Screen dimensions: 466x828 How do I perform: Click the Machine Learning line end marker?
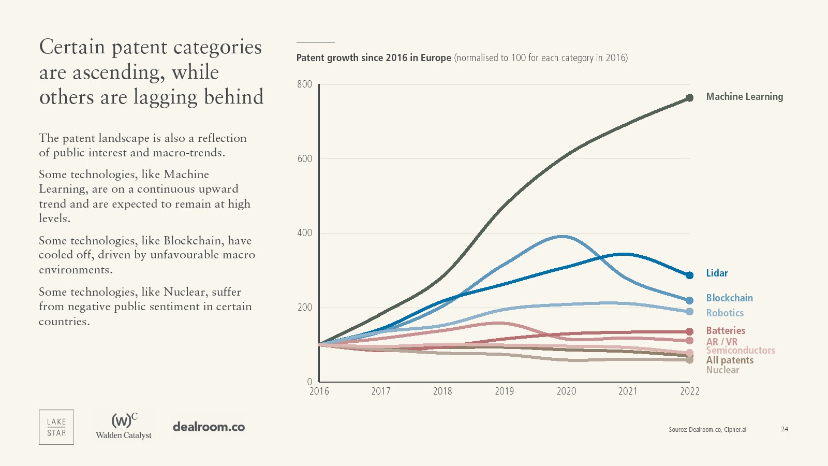click(689, 98)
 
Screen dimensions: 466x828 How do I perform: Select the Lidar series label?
click(717, 273)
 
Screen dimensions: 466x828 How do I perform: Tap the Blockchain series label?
click(729, 298)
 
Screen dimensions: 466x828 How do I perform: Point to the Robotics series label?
click(724, 313)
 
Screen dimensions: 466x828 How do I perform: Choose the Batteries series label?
click(726, 331)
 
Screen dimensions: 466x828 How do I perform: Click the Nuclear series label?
click(722, 370)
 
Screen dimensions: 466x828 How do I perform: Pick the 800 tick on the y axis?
click(305, 84)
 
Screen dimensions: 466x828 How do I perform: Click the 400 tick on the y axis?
click(305, 233)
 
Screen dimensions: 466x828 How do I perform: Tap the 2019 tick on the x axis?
click(504, 391)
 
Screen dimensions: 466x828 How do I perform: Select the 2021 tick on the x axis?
click(628, 391)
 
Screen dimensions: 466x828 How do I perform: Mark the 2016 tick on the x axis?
click(319, 391)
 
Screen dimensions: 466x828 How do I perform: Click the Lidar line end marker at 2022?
click(689, 275)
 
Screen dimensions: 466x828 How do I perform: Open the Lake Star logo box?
click(56, 427)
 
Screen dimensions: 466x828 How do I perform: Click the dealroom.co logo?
click(209, 427)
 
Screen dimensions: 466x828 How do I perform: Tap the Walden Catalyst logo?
click(124, 426)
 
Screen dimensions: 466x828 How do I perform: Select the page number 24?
click(785, 429)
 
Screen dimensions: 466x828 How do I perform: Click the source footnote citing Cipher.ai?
click(707, 430)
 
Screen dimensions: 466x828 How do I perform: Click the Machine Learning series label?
click(744, 97)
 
